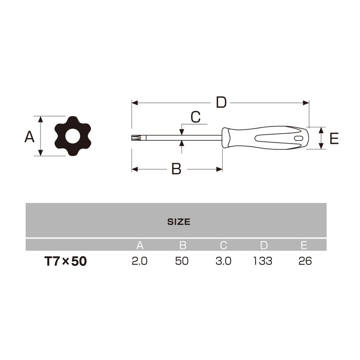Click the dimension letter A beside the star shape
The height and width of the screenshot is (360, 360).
(30, 137)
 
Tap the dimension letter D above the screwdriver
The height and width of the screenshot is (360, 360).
(221, 103)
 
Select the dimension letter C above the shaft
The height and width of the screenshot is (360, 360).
(195, 117)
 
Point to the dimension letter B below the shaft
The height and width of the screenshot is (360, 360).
(176, 169)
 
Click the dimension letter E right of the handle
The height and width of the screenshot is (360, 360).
(333, 139)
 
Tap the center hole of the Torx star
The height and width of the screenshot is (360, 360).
(73, 136)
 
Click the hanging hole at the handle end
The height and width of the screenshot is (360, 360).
(297, 138)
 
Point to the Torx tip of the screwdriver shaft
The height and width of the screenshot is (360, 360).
(135, 138)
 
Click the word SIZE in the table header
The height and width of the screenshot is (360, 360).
(179, 222)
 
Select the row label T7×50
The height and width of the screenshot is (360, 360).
(65, 261)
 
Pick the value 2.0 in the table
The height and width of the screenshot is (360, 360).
(139, 261)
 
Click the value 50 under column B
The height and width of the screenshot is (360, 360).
(183, 261)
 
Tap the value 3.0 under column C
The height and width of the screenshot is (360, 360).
(223, 261)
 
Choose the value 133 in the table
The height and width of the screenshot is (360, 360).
(263, 261)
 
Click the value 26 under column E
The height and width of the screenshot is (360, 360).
(305, 261)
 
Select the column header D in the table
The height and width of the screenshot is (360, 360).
(264, 246)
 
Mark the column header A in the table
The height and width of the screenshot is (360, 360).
(140, 246)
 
